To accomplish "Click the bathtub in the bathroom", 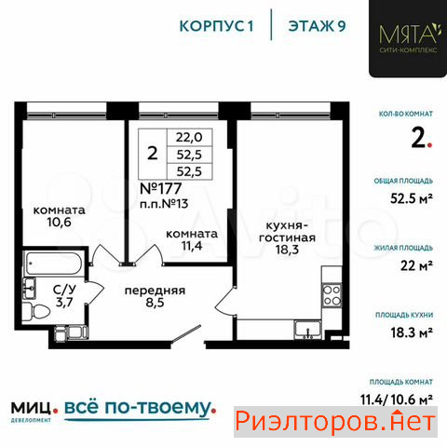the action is (53, 263).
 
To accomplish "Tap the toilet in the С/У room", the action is (36, 311).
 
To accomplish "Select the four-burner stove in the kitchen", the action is (332, 295).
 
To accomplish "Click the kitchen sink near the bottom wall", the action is (307, 330).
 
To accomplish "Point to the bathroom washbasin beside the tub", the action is (30, 288).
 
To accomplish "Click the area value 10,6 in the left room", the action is (59, 223).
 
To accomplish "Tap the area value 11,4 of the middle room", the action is (192, 246).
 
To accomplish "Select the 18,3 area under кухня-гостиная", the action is (287, 250).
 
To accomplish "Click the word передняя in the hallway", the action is (155, 291).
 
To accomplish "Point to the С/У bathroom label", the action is (64, 290).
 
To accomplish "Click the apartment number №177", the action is (160, 188).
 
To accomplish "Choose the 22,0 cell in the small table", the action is (189, 137).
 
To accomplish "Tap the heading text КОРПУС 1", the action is (217, 26).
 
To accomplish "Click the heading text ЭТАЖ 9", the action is (317, 26).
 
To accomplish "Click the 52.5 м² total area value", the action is (412, 198).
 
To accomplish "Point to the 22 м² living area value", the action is (416, 265).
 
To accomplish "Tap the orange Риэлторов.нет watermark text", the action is (335, 422).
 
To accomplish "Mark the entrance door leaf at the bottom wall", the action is (185, 333).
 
